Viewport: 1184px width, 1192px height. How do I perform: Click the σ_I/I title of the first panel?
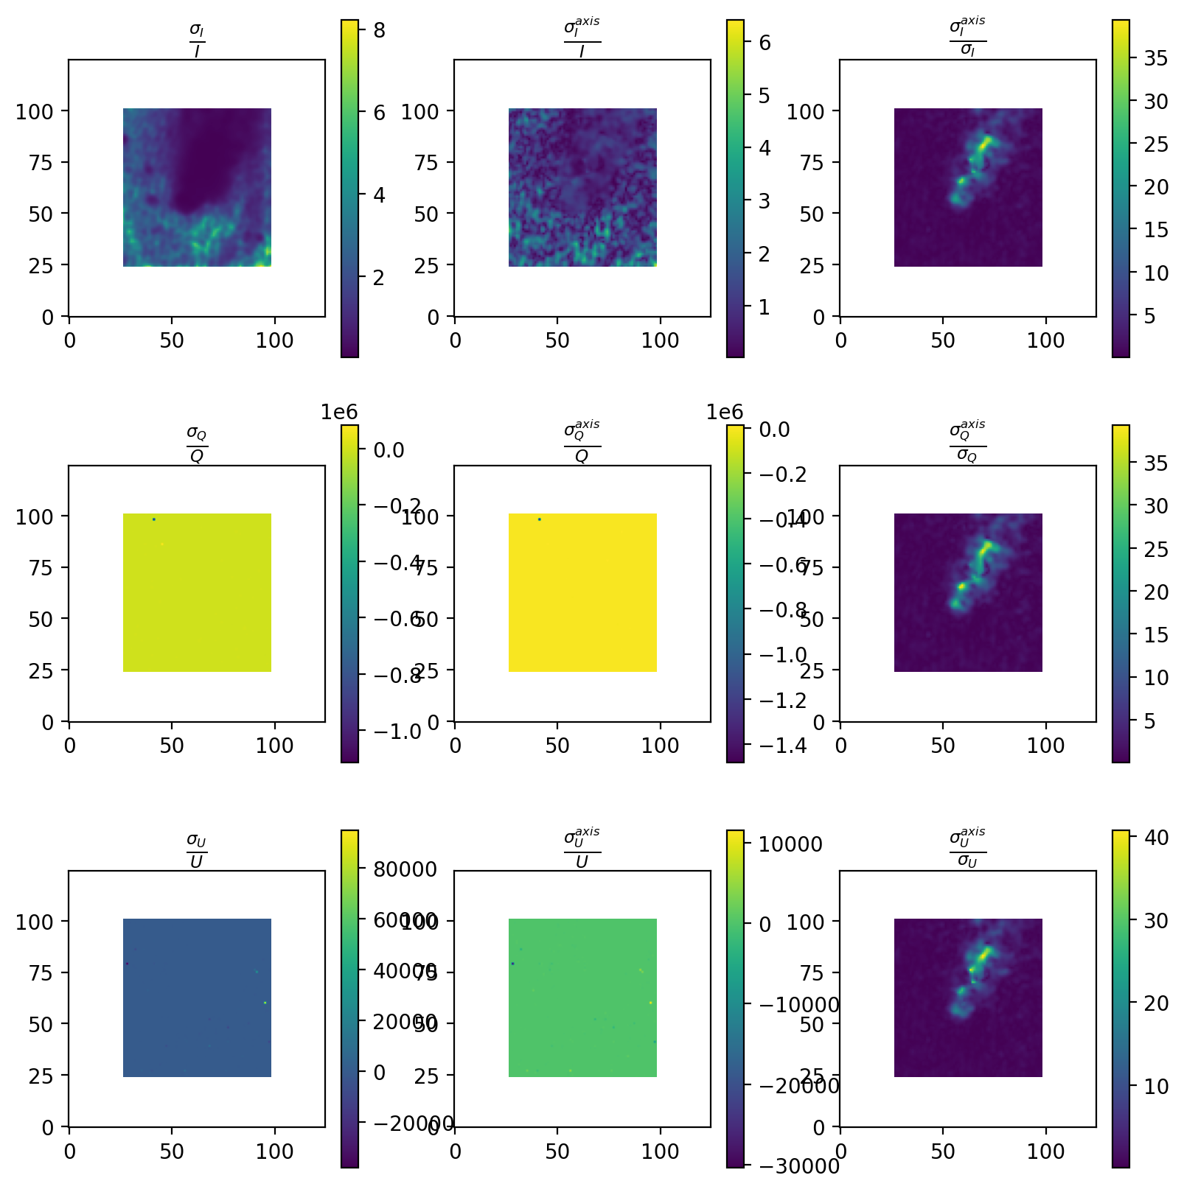(x=197, y=40)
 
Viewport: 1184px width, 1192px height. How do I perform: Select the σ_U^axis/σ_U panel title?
(x=967, y=849)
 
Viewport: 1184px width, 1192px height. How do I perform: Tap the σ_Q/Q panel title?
(x=197, y=444)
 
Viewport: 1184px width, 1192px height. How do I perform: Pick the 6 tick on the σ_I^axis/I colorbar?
(x=765, y=43)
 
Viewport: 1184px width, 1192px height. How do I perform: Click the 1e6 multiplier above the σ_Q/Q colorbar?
(x=339, y=412)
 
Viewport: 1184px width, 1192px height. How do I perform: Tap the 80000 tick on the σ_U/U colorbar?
(x=405, y=869)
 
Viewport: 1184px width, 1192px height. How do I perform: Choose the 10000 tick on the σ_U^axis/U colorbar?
(x=791, y=844)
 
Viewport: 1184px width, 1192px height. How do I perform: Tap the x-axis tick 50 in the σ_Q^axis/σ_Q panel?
(x=943, y=746)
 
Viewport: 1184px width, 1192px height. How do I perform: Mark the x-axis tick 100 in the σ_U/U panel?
(x=275, y=1151)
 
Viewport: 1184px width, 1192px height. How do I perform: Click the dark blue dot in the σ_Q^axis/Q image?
(x=540, y=519)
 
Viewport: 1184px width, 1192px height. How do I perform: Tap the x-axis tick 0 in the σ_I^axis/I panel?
(x=455, y=340)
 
